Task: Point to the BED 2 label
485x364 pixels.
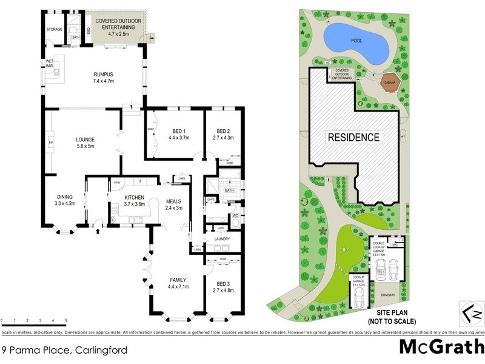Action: pos(224,134)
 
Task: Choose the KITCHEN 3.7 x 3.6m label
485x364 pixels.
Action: pos(133,201)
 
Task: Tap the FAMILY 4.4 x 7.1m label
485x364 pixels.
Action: pos(179,283)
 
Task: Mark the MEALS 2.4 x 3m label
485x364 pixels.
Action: pos(174,204)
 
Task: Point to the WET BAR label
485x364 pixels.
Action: pos(49,64)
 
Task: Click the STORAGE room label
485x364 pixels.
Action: pos(55,29)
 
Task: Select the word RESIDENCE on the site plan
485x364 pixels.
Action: pos(354,138)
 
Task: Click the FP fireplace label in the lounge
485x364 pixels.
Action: pos(51,144)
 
